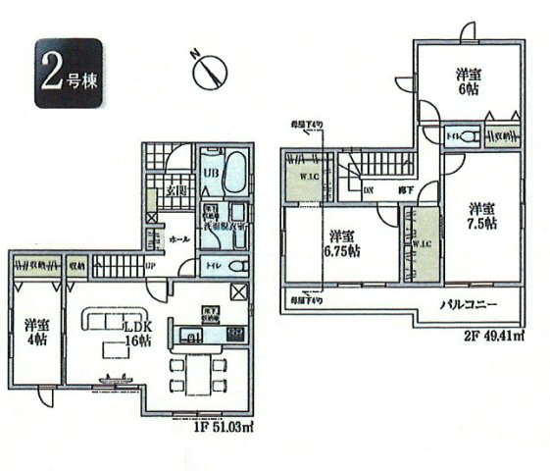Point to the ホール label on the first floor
click(x=178, y=238)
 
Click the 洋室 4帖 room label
click(x=36, y=334)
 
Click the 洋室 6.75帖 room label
click(x=343, y=243)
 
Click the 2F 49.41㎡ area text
click(x=490, y=338)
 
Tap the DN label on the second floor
click(x=369, y=188)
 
